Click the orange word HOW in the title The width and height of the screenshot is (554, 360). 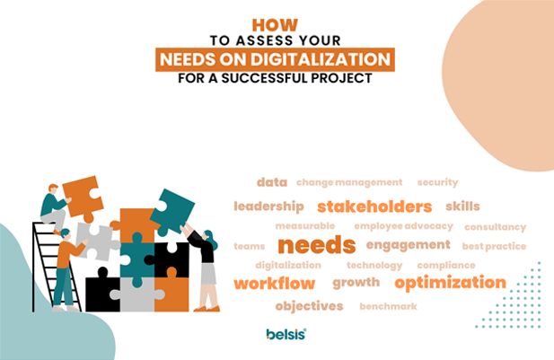point(275,25)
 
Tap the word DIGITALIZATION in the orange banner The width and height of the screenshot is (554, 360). point(321,59)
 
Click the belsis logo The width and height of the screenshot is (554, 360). point(286,334)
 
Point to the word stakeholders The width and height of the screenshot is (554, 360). point(374,206)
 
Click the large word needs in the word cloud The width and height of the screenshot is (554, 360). point(317,245)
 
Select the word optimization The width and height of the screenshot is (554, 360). point(450,283)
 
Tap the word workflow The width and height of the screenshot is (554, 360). point(274,284)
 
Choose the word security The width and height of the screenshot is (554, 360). point(437,182)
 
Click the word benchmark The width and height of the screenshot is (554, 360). point(388,306)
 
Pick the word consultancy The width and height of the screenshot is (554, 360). point(496,227)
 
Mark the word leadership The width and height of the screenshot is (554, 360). point(268,206)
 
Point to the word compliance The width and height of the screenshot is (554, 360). point(446,266)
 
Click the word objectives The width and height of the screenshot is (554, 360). point(309,306)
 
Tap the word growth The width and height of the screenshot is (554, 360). point(356,282)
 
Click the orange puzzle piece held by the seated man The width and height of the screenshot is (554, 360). point(83,198)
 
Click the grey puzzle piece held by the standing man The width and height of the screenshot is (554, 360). point(96,241)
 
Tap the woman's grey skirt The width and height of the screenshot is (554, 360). point(208,274)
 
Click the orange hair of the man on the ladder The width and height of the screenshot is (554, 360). point(53,187)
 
